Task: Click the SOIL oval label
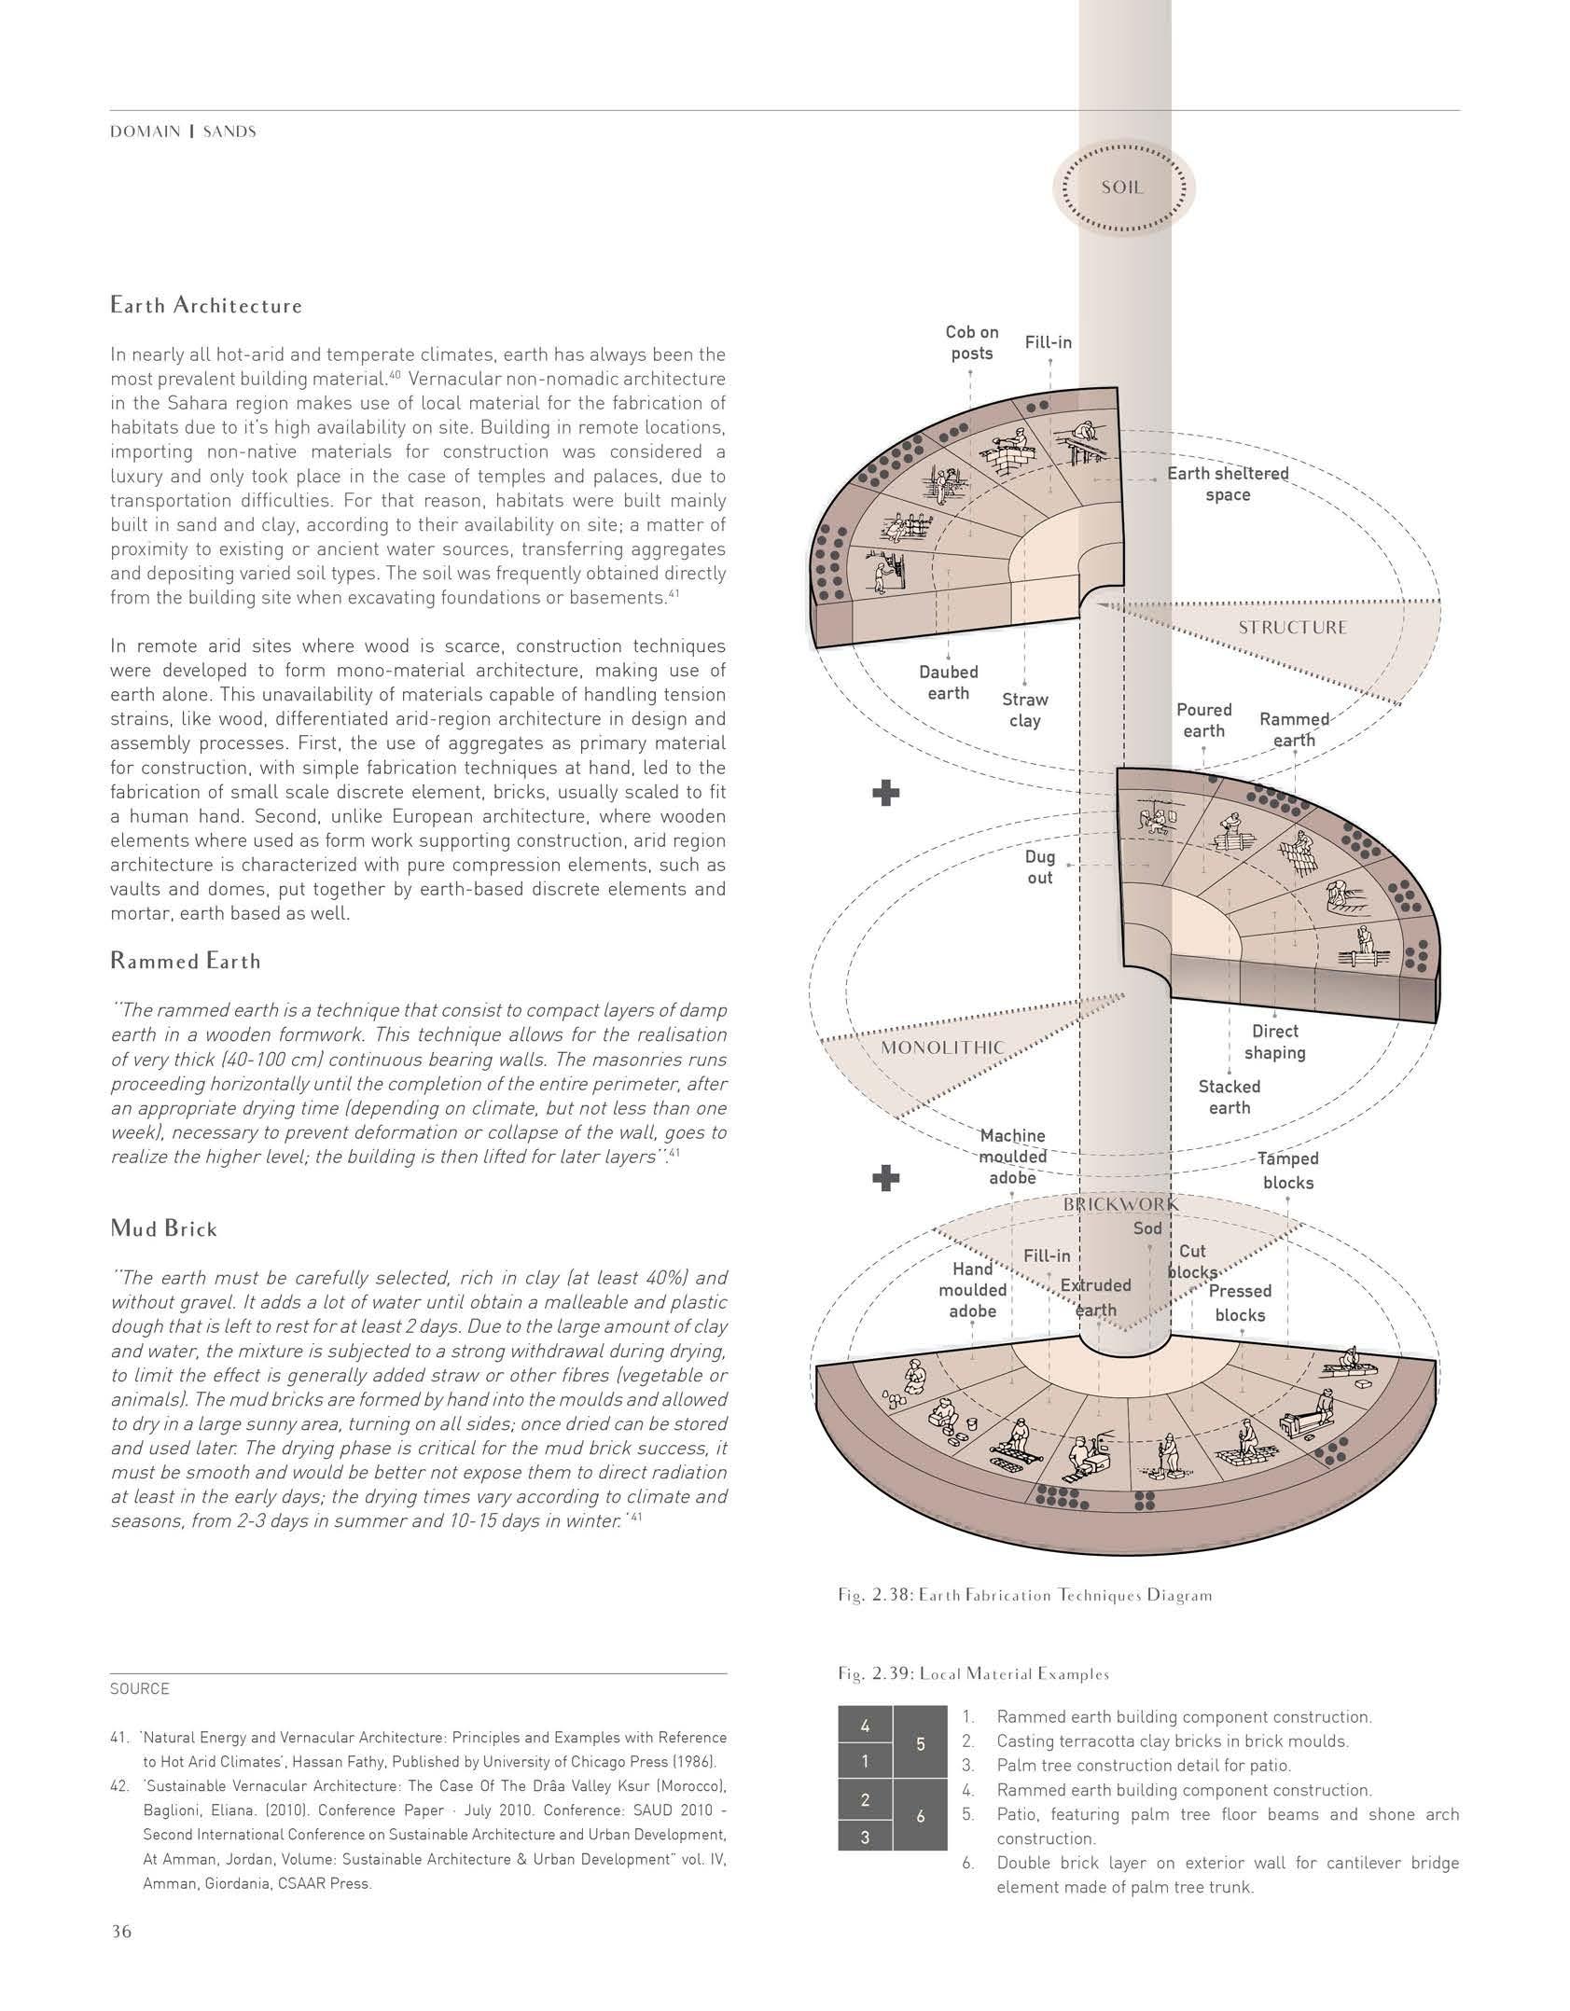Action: coord(1122,187)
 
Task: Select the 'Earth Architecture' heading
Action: coord(206,306)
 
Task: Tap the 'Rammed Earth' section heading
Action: coord(186,961)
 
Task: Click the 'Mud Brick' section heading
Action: coord(163,1228)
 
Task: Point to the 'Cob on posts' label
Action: coord(971,342)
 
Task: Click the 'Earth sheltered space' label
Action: coord(1227,483)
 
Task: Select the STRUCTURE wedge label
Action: coord(1292,628)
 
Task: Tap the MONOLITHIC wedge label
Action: coord(943,1047)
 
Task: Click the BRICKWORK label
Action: coord(1120,1204)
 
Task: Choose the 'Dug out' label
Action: coord(1039,867)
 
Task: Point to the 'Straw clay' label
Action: coord(1024,710)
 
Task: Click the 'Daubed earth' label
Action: coord(948,682)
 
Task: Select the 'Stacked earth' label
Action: coord(1229,1097)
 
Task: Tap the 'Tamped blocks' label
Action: coord(1287,1171)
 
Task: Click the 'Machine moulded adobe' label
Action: coord(1012,1157)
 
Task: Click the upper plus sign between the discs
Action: coord(885,794)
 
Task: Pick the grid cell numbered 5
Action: coord(920,1743)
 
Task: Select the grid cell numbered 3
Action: coord(865,1837)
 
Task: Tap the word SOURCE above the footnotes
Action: coord(140,1689)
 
